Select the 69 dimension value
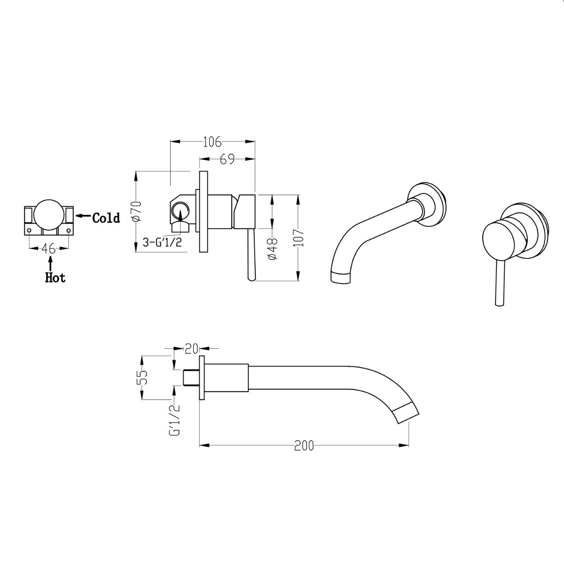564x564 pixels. coord(227,160)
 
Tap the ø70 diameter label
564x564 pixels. coord(137,211)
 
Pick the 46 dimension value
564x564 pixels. coord(49,248)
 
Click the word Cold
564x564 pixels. coord(106,218)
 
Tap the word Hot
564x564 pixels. coord(55,278)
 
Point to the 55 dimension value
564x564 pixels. coord(144,377)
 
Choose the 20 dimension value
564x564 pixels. coord(191,349)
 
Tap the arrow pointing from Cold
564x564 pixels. coord(83,216)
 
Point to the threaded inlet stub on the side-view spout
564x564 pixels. coord(190,377)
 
